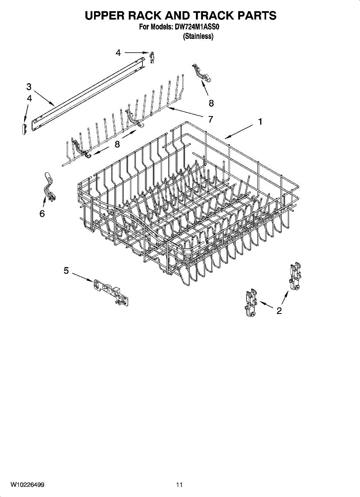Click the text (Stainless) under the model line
198,37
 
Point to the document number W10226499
28,485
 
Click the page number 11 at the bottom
179,485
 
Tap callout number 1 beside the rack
260,122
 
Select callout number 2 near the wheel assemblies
279,311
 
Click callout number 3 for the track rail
29,87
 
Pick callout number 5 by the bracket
66,270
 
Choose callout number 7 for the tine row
210,119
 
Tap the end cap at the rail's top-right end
152,58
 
